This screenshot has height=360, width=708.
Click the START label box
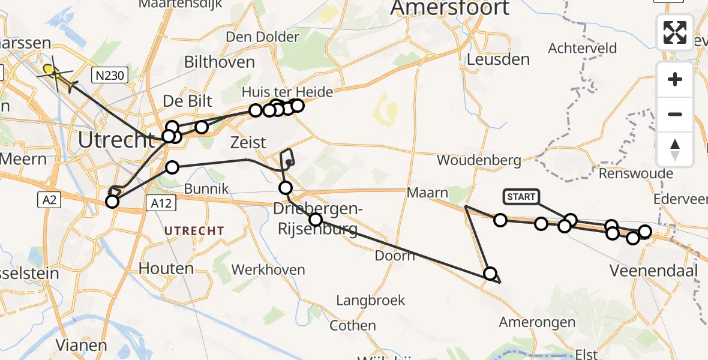click(x=521, y=197)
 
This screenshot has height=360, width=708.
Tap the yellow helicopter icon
click(x=57, y=76)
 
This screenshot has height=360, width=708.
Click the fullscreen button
click(x=675, y=32)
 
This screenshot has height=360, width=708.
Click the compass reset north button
click(x=675, y=149)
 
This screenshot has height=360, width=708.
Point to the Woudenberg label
click(x=479, y=160)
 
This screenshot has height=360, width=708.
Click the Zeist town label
click(x=248, y=143)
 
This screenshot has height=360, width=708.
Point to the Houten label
click(x=166, y=268)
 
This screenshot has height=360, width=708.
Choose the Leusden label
click(x=499, y=59)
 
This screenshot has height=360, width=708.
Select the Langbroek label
click(x=371, y=300)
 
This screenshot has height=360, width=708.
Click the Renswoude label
click(x=636, y=174)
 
